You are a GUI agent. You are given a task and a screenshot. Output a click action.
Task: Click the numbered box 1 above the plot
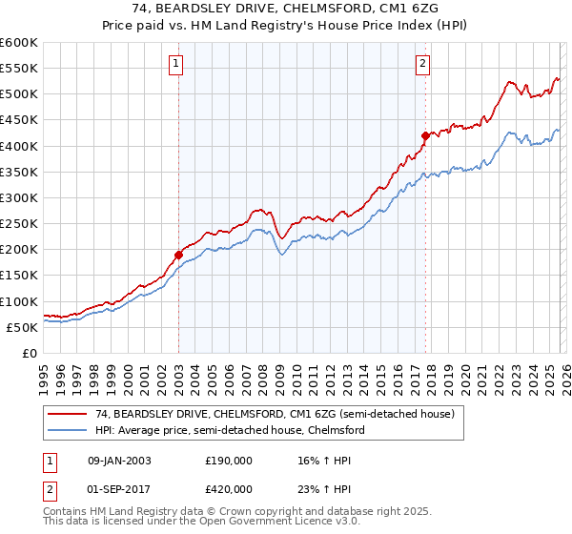point(177,65)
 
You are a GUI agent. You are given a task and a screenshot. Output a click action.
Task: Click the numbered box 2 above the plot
point(421,65)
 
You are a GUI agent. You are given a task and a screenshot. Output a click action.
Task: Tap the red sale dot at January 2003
point(178,255)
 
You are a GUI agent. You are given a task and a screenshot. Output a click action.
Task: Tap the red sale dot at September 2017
point(425,135)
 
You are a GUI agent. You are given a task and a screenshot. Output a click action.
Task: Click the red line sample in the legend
point(68,415)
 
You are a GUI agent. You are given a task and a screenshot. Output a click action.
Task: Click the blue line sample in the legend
point(68,430)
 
